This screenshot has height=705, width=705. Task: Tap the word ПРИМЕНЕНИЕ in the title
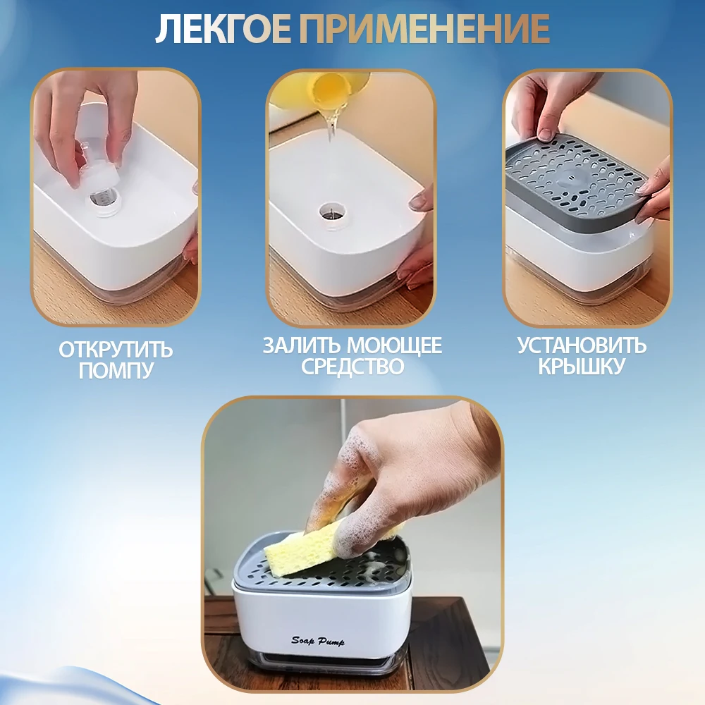pos(424,29)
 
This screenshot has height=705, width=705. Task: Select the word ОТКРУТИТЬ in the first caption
pos(116,350)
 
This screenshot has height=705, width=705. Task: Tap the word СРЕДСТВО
pos(352,367)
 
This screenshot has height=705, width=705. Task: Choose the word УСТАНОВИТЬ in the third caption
pos(582,345)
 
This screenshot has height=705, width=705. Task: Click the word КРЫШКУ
pos(582,367)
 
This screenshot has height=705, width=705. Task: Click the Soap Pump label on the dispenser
pos(318,640)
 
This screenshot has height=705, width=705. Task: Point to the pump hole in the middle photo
pos(329,209)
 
